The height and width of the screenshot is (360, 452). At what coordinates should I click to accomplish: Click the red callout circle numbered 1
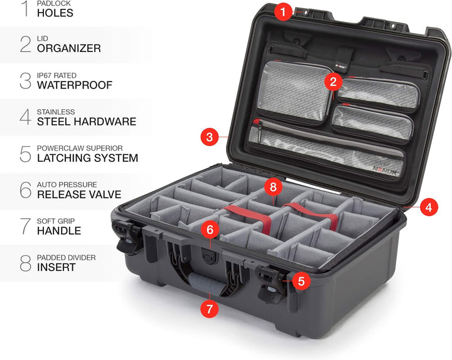284,11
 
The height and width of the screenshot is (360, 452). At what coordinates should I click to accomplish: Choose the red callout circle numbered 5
301,282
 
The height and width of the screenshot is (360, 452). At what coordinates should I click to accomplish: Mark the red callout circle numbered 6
210,230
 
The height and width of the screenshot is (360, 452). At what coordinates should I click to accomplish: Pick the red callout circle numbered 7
210,308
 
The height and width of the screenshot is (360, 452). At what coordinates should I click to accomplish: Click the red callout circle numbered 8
271,186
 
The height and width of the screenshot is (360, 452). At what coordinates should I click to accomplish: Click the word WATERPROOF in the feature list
75,85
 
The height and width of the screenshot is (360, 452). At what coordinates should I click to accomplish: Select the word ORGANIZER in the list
69,48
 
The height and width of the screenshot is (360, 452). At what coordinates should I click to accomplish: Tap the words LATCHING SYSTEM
87,158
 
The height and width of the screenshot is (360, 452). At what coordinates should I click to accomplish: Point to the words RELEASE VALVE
79,194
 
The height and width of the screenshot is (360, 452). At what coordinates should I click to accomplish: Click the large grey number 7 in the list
25,226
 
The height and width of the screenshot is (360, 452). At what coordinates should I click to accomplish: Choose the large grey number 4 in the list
25,117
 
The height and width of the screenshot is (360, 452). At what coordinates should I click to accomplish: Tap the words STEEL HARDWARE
87,122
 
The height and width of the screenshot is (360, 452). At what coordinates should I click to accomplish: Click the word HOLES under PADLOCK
55,13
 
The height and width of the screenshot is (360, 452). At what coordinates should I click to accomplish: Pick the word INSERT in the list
56,267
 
